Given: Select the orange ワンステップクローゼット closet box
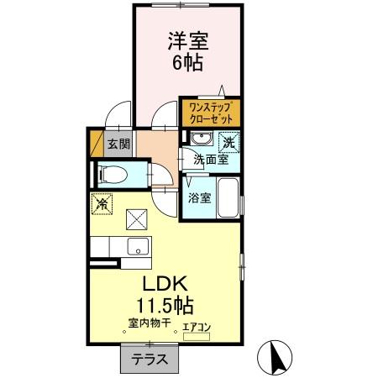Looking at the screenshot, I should (210, 112).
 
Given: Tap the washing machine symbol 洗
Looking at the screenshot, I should (230, 142).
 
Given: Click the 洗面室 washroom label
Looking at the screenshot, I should (212, 159).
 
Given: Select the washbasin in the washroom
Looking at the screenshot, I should (202, 139).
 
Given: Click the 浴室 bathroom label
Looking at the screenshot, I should (199, 198).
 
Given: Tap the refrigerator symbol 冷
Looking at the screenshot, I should (102, 203).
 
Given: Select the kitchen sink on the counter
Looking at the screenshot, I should (136, 247).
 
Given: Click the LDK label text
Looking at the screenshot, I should (175, 283).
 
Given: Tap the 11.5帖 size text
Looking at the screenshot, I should (176, 304).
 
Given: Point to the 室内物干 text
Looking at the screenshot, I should (150, 323).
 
